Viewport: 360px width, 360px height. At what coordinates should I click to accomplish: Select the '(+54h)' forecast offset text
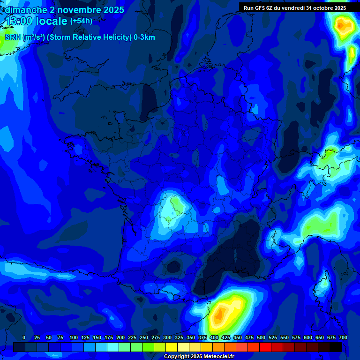(x=81, y=21)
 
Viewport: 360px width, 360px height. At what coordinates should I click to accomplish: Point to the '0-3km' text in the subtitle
(x=144, y=37)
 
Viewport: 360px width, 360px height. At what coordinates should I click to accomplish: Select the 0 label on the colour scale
(x=24, y=337)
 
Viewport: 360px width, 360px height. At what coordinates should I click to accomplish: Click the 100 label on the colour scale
(x=73, y=337)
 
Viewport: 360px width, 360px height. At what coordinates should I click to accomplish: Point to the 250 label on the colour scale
(x=143, y=337)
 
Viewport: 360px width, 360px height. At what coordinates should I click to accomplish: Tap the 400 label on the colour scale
(x=214, y=337)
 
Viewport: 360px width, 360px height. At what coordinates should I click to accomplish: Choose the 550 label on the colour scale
(x=284, y=337)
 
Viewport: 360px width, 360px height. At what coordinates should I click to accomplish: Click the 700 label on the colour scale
(x=343, y=337)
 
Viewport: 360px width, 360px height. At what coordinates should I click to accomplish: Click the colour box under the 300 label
(x=172, y=347)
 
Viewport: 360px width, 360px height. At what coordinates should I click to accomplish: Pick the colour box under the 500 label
(x=265, y=347)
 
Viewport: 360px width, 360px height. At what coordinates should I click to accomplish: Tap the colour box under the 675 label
(x=336, y=347)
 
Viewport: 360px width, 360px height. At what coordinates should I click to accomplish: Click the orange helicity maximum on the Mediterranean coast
(x=218, y=317)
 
